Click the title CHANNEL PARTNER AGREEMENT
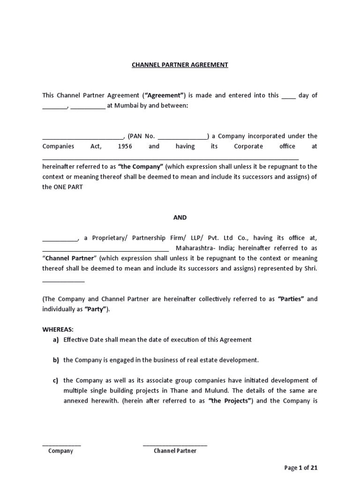(180, 65)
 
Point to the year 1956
(125, 146)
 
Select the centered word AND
(180, 217)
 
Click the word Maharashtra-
(192, 248)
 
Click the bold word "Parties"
(291, 299)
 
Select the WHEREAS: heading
(58, 330)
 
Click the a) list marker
(55, 340)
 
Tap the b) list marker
(55, 360)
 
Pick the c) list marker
(55, 380)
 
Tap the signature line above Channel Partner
(175, 444)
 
